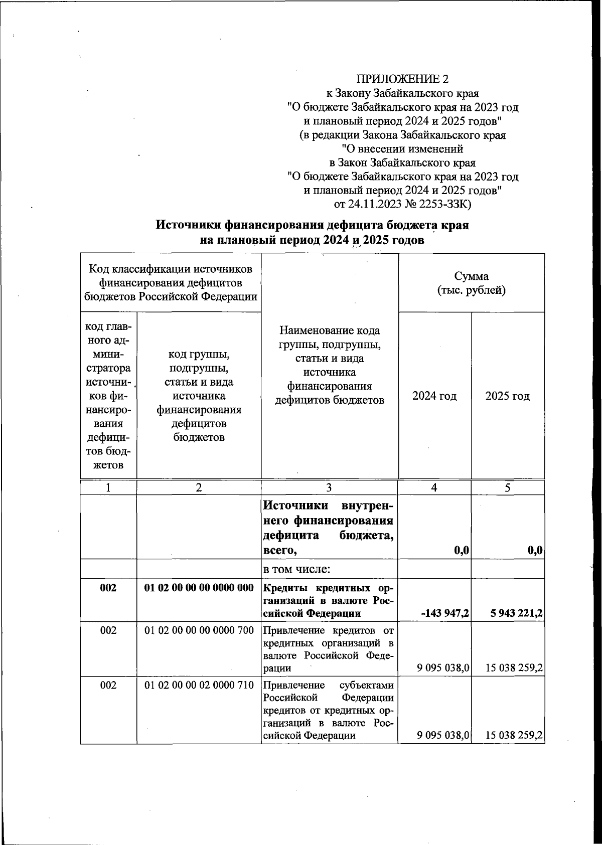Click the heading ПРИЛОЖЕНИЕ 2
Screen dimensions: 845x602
402,79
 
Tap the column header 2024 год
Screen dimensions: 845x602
434,396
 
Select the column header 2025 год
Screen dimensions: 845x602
508,396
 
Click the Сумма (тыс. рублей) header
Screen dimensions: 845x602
471,283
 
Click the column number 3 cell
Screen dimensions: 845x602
329,487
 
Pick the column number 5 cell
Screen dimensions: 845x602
508,487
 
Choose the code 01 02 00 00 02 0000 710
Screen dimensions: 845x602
199,685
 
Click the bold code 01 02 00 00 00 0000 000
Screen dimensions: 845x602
199,588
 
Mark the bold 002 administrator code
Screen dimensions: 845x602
108,588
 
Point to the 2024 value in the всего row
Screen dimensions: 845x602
460,551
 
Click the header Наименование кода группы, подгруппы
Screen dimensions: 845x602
329,337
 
